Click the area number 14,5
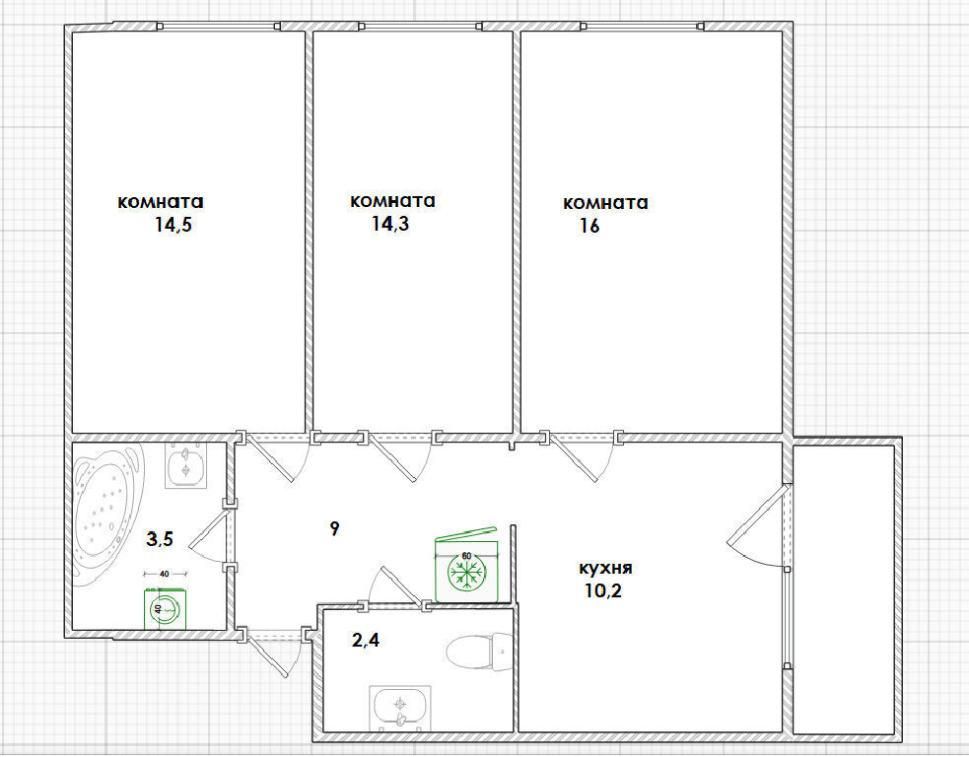pos(173,224)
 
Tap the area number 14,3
pos(390,223)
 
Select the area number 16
pos(588,226)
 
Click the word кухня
pos(605,568)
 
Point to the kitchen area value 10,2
pos(603,590)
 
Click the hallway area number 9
pos(334,528)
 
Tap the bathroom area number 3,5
pos(160,539)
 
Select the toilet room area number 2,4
pos(366,641)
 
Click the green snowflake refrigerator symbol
pos(466,570)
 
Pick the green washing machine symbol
pos(165,609)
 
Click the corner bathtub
pos(107,515)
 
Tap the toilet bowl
pos(478,652)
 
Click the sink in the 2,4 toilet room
pos(400,708)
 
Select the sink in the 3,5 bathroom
pos(186,466)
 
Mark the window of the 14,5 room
pos(218,26)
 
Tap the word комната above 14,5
pos(161,201)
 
